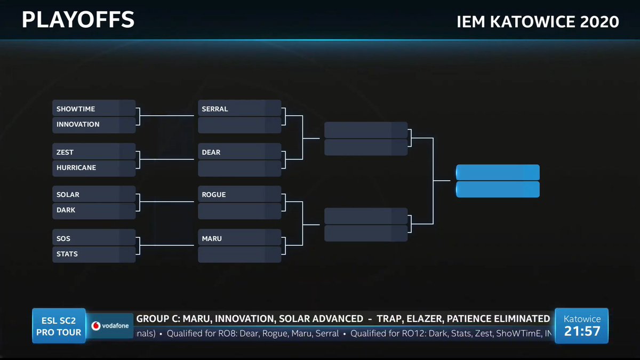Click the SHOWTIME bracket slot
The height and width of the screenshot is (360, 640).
pos(94,109)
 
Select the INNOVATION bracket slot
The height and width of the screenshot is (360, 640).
pos(94,124)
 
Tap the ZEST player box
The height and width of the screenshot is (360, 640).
pos(94,152)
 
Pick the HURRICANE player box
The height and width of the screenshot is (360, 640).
pos(94,167)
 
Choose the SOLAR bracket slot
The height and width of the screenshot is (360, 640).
pos(94,195)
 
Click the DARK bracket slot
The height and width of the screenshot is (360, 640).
pos(94,210)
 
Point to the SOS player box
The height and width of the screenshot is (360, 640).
pos(94,238)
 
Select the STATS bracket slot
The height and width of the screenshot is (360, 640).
pos(94,254)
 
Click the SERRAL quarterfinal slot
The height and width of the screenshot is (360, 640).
pos(239,109)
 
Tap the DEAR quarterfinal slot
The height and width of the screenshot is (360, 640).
pos(239,152)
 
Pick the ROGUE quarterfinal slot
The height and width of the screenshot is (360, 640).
pos(239,195)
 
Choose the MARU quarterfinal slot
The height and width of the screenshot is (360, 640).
pos(239,238)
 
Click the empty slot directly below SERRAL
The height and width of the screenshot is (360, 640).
pos(239,125)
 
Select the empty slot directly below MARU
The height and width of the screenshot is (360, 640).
pos(239,254)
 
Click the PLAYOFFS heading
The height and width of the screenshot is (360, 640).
pos(78,20)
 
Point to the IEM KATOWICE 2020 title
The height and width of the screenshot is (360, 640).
pos(538,22)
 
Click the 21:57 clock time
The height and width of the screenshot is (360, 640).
pos(582,331)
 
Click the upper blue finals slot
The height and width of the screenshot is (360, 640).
pos(498,173)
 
